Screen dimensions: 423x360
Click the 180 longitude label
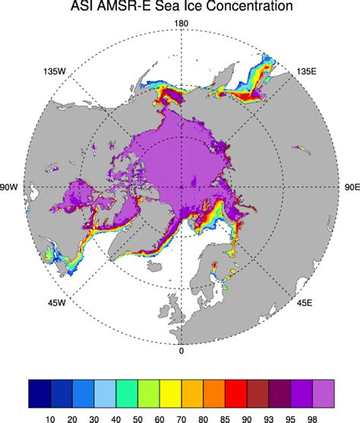(x=181, y=24)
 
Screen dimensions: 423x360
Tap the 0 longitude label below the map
(x=181, y=351)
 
